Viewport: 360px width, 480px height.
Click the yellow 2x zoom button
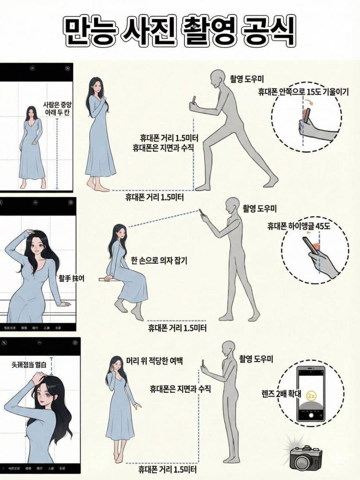(312, 396)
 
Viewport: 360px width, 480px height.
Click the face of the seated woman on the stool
(119, 232)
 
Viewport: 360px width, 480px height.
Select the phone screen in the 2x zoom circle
(312, 392)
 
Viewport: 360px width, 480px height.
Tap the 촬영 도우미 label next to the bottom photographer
(257, 359)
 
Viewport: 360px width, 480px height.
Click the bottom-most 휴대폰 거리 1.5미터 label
(168, 469)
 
